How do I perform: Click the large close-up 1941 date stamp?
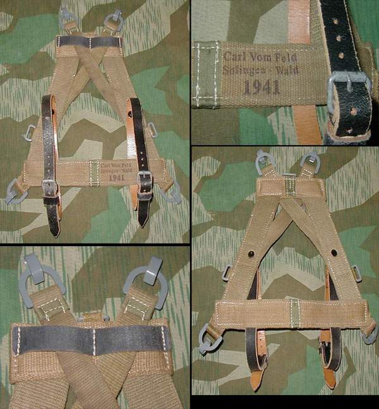(x=262, y=87)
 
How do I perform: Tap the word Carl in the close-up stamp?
(x=233, y=57)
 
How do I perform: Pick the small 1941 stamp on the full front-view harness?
(x=117, y=178)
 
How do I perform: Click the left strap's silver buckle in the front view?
(x=50, y=188)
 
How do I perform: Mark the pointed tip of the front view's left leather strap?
(x=56, y=235)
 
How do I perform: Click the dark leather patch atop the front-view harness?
(x=89, y=42)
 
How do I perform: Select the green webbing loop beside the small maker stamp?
(x=95, y=172)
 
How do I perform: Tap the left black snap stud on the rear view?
(x=251, y=253)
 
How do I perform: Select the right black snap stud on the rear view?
(x=334, y=252)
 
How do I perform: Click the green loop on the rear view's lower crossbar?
(x=295, y=314)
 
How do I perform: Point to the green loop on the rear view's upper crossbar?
(x=290, y=185)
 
